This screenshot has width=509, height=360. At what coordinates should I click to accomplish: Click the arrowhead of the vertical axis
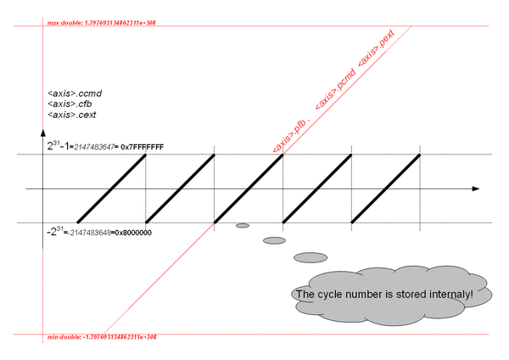42,134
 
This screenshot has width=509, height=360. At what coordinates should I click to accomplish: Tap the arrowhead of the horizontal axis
476,188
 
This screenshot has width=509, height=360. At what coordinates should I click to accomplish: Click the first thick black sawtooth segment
111,188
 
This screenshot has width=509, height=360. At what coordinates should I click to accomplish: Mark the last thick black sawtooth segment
385,188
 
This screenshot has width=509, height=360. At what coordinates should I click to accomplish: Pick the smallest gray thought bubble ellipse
243,226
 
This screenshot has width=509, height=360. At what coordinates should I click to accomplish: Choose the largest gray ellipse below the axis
310,257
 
